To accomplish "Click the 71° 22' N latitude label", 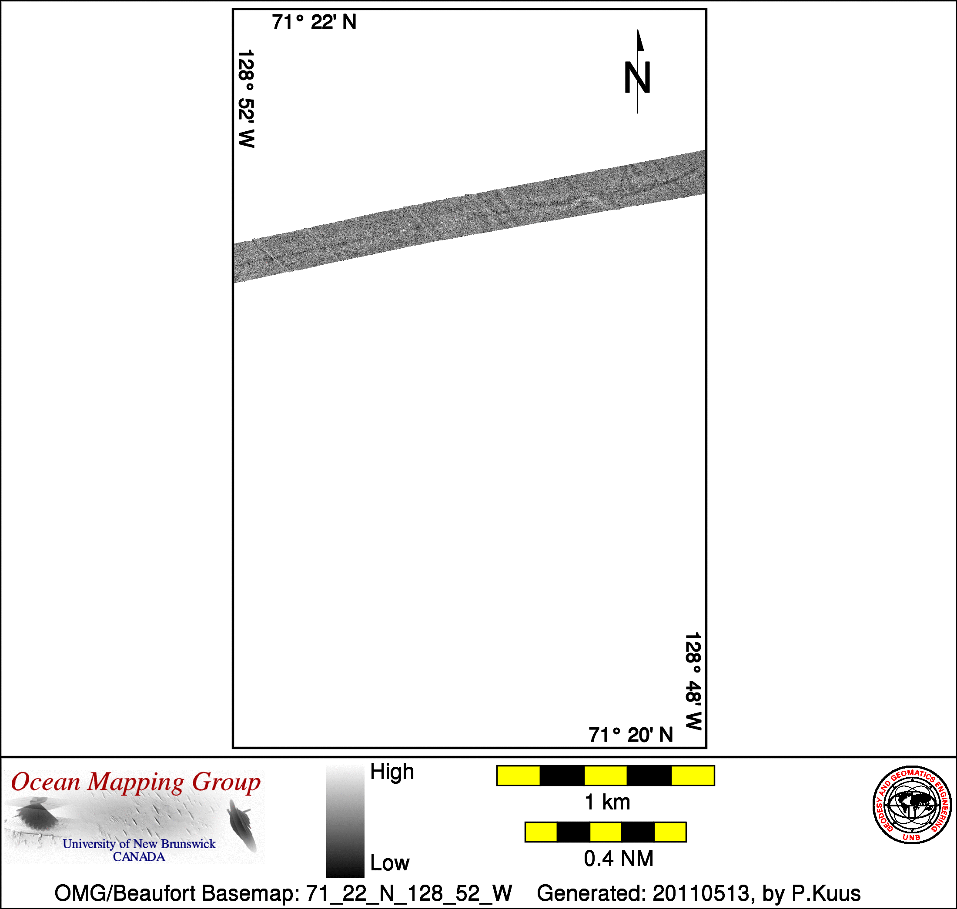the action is [314, 22].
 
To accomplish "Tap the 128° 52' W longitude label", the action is [246, 98].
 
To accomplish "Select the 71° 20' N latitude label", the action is [631, 735].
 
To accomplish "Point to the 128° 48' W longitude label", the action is [693, 681].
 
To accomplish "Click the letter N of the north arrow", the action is [637, 77].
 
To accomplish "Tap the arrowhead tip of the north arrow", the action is [638, 30].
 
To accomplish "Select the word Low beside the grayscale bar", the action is [390, 863].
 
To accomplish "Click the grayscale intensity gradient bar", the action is [345, 820].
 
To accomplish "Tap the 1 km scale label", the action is [607, 802].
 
